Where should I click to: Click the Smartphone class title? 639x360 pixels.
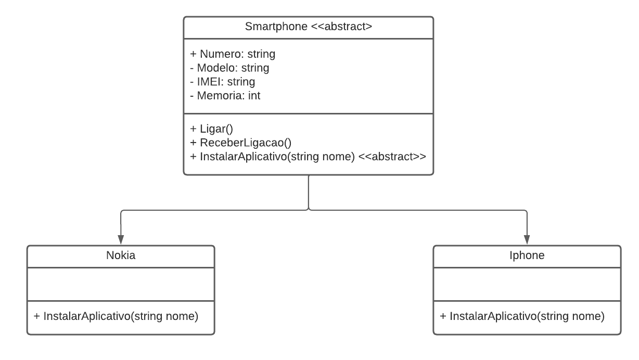308,27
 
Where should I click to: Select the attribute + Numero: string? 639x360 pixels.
233,54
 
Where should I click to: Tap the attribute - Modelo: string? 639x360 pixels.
229,68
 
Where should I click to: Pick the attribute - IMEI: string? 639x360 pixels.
223,82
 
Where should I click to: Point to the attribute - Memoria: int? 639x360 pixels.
225,96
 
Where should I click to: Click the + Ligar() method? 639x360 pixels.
211,128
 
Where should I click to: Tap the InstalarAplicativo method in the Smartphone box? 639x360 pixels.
273,156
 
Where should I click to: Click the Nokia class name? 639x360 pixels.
121,255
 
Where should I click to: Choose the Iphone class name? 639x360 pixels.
527,255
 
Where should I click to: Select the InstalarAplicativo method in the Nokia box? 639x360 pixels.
116,316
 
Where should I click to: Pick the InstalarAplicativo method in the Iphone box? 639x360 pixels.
522,316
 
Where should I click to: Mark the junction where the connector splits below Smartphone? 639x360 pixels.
309,210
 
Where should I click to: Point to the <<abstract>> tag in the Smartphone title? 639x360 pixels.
341,27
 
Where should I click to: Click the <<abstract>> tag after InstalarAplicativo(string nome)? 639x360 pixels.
393,156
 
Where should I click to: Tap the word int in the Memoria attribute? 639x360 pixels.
253,96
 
